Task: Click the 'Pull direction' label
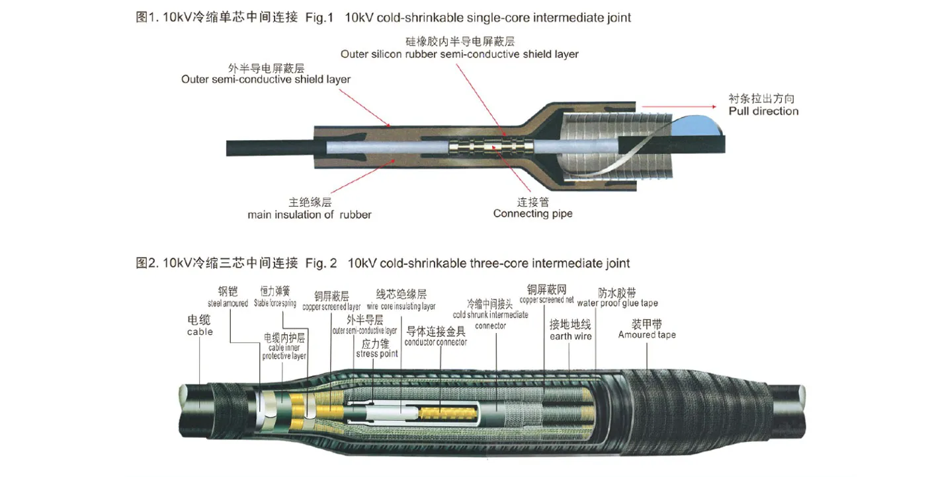coord(763,111)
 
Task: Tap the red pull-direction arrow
coord(681,106)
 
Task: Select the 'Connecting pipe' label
coord(532,213)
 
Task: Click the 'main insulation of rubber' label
coord(309,215)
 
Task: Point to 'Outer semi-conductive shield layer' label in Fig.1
coord(266,79)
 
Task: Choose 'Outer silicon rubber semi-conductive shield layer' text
coord(459,54)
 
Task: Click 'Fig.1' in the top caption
coord(319,18)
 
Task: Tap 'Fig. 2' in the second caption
coord(321,264)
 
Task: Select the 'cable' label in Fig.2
coord(200,332)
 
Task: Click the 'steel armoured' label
coord(228,304)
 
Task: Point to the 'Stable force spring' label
coord(275,304)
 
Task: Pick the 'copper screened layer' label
coord(331,307)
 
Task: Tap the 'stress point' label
coord(377,354)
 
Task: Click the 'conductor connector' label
coord(435,342)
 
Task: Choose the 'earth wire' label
coord(570,337)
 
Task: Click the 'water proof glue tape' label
coord(617,304)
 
